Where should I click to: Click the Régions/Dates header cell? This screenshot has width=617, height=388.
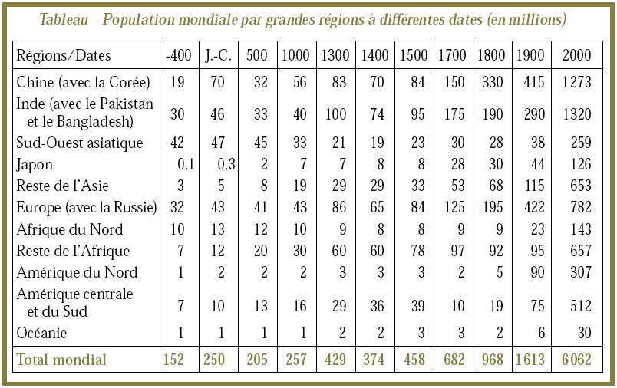[x=64, y=56]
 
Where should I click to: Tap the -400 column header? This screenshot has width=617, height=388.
[x=177, y=56]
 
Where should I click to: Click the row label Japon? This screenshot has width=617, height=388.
[x=35, y=165]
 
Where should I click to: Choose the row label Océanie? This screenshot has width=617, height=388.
[x=41, y=334]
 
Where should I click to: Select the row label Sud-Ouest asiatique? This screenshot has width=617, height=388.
[x=79, y=143]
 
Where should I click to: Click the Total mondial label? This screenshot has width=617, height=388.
[x=62, y=360]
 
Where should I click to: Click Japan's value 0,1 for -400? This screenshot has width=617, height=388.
[x=183, y=165]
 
